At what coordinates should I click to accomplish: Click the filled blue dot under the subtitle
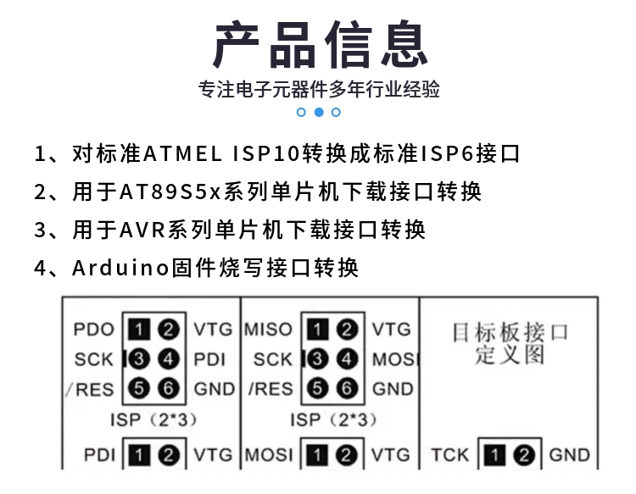click(319, 112)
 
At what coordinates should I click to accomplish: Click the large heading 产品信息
click(321, 44)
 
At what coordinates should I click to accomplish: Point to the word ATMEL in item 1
click(182, 154)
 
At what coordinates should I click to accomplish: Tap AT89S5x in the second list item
click(170, 192)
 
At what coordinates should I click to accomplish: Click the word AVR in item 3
click(142, 230)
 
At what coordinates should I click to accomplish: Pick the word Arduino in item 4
click(120, 268)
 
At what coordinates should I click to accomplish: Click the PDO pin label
click(93, 330)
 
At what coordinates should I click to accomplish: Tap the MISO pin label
click(268, 330)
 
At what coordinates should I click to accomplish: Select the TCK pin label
click(449, 455)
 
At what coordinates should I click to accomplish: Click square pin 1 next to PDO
click(139, 330)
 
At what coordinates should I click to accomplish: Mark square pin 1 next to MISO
click(317, 329)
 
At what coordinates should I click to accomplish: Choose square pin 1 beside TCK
click(495, 455)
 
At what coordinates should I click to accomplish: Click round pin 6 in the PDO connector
click(169, 388)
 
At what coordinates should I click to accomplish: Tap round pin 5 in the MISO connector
click(317, 388)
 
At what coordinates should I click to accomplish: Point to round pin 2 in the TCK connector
click(524, 455)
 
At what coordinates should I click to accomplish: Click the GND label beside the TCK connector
click(570, 455)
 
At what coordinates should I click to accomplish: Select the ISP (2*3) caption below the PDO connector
click(153, 419)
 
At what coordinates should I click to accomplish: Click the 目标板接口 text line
click(510, 332)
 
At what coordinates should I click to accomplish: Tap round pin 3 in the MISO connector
click(317, 358)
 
